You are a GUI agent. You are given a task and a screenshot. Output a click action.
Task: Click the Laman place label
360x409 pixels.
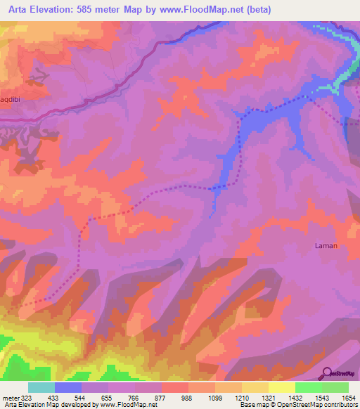pyautogui.click(x=326, y=246)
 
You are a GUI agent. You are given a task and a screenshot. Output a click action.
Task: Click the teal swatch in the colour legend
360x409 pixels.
pyautogui.click(x=41, y=387)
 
